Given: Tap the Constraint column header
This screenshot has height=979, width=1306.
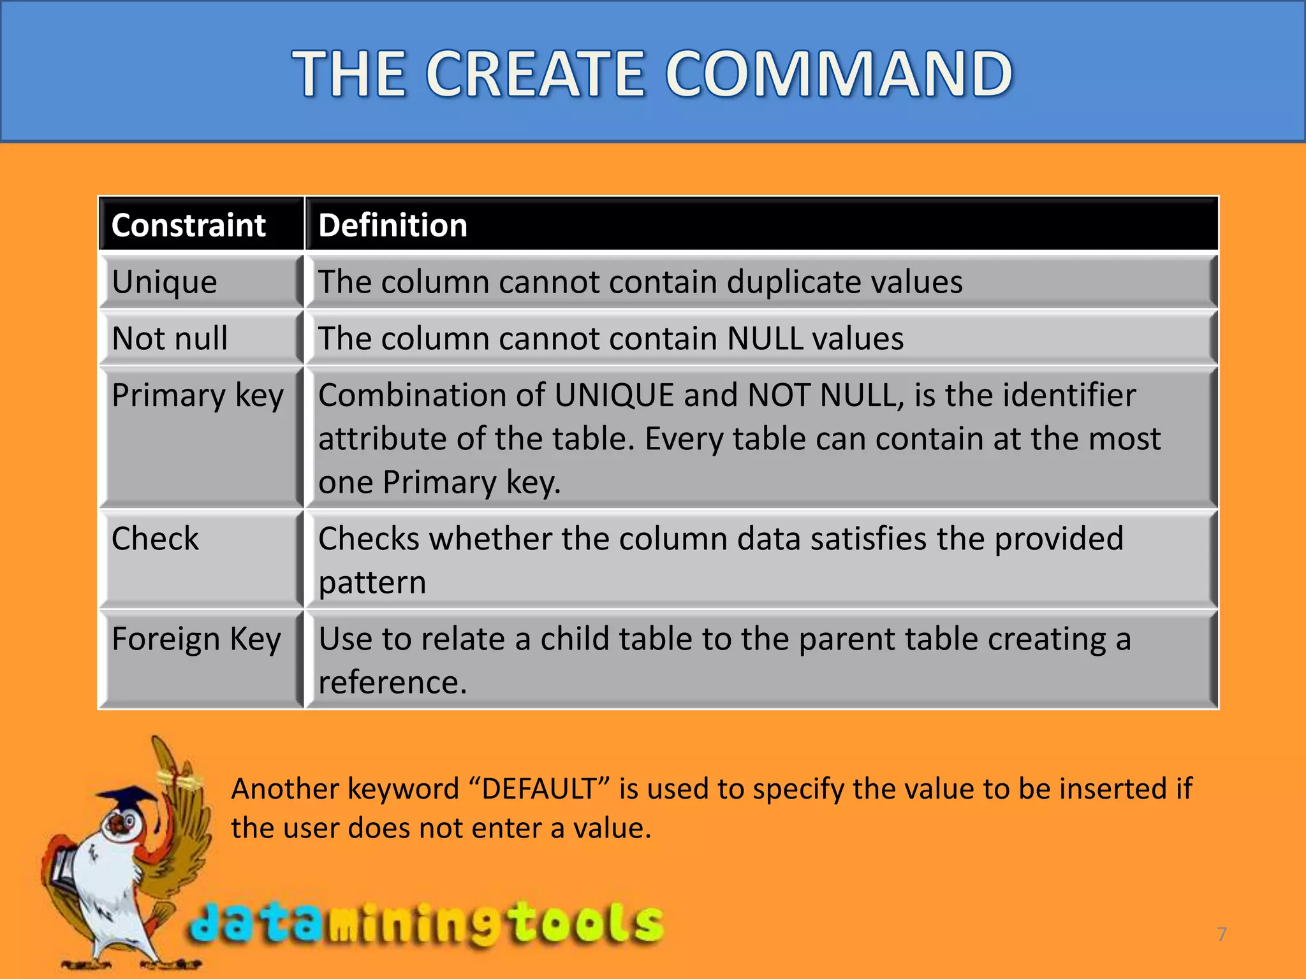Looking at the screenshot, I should [x=188, y=226].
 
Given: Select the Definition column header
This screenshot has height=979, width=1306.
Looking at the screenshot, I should [x=393, y=226].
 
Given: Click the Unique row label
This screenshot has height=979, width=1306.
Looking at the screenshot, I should [x=165, y=282].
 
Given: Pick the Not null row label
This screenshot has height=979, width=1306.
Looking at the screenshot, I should [x=170, y=338].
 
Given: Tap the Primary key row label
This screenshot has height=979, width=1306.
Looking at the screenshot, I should [x=197, y=395].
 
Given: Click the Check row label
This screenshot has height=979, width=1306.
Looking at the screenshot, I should [x=155, y=539].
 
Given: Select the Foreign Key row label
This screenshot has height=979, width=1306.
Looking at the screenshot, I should [x=196, y=639].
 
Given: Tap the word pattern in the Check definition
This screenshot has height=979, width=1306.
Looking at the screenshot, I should [x=372, y=583].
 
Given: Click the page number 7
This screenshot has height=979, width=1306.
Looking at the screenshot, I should [x=1222, y=934].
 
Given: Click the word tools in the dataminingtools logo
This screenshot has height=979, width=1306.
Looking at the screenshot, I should [x=587, y=923].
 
